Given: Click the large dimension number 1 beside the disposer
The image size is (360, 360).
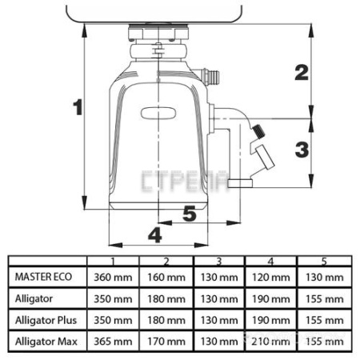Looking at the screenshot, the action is coord(78,107).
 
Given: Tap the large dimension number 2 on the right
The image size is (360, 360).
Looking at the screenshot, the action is coord(302,73).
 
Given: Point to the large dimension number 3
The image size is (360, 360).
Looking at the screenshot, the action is coord(302,150).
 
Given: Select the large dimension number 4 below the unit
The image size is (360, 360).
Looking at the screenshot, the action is coord(155,235).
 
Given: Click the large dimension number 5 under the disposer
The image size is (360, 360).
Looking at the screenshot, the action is coord(190,214).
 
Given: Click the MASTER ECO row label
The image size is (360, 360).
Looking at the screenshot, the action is coord(43,277).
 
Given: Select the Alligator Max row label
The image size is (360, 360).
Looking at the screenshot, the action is coord(46,342).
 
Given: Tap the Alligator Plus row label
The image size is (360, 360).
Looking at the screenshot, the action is coord(46,320).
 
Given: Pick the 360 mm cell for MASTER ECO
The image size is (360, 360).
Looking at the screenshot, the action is coord(113,278).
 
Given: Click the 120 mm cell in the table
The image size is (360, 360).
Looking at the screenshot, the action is coord(271,278).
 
